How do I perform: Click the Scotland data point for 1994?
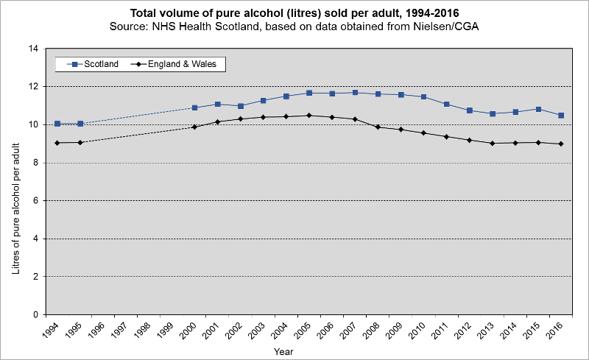tap(57, 124)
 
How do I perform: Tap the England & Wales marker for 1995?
tap(80, 142)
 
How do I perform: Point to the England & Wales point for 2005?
tap(309, 116)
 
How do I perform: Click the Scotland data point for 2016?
tap(561, 116)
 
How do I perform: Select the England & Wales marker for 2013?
tap(493, 143)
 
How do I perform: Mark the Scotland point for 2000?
tap(195, 107)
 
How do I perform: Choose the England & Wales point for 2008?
tap(378, 127)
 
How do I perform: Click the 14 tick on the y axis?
tap(32, 49)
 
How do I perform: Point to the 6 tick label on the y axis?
tap(35, 200)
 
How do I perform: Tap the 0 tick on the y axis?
tap(35, 314)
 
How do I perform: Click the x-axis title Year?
tap(283, 352)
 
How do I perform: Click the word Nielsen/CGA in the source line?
tap(450, 27)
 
